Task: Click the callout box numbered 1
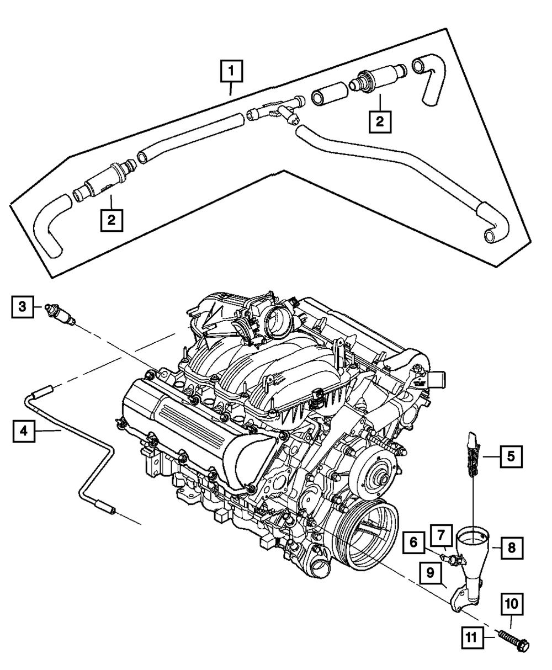[x=232, y=72]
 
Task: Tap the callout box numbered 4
[x=22, y=430]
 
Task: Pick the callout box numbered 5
[x=511, y=456]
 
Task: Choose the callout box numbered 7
[x=441, y=535]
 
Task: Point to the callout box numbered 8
[x=511, y=547]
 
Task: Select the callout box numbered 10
[x=511, y=605]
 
